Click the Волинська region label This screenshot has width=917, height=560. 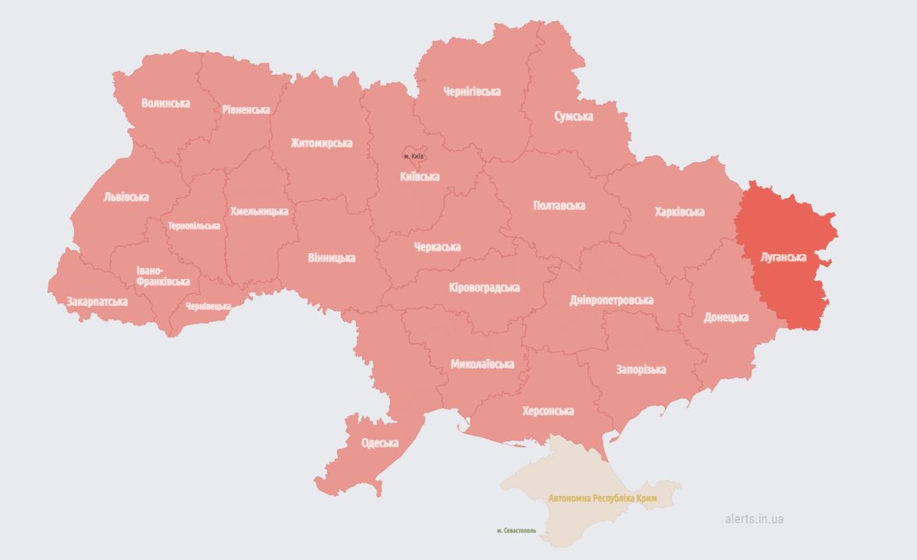coord(165,103)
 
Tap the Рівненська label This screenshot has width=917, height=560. coord(246,109)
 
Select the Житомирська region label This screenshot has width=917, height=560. coord(321,143)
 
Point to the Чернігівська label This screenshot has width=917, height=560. coord(471,91)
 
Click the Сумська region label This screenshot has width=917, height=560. coord(573,116)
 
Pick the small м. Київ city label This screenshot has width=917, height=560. coord(414,157)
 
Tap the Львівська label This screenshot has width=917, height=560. coord(126,197)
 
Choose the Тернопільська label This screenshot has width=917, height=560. coord(194,226)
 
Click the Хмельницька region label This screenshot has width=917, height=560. coord(259,211)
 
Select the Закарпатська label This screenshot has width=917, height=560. coord(97,301)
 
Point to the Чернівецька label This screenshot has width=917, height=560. coord(208,306)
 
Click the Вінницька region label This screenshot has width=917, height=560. coord(331,257)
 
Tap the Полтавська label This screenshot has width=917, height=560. coord(559,205)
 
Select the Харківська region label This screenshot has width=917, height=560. coord(679,212)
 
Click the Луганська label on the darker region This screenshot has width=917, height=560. coord(783,256)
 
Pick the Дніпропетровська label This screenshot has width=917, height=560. coord(611,300)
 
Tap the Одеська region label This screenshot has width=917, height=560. coord(379,443)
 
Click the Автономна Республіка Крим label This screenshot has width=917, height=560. coord(602,498)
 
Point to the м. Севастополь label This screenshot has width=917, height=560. coord(516,531)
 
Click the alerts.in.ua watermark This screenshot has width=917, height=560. coord(754,519)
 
